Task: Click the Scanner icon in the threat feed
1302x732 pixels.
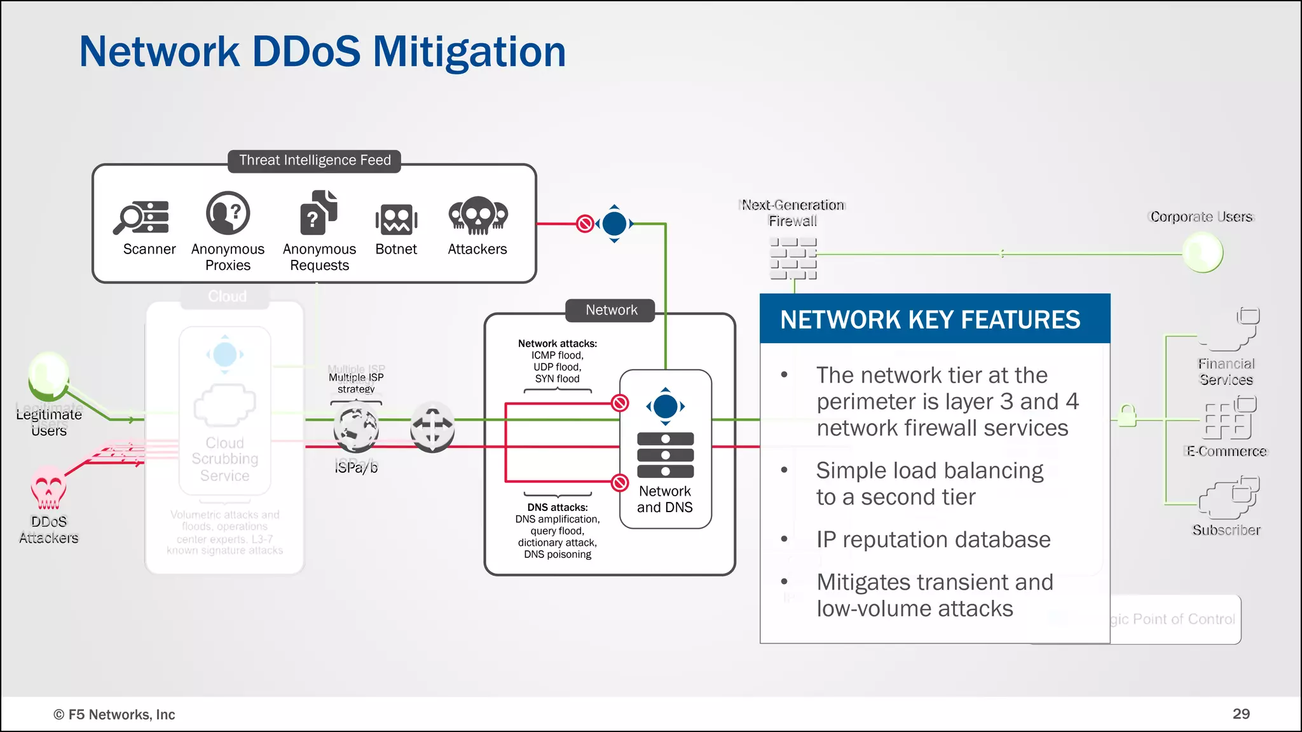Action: (x=142, y=217)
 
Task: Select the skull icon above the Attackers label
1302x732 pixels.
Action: (x=477, y=215)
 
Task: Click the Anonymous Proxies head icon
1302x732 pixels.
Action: (x=228, y=213)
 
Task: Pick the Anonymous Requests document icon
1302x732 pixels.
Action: (x=319, y=213)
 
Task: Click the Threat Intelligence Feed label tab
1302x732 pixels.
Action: (x=315, y=160)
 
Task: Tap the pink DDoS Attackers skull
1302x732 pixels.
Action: (x=48, y=489)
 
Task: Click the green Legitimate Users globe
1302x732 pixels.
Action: (x=48, y=375)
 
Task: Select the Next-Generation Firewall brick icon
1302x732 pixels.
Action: (x=793, y=259)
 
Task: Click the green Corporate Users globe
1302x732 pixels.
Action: (x=1202, y=252)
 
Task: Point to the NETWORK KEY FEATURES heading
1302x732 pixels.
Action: (x=930, y=320)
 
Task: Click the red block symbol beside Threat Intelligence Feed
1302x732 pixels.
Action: (x=585, y=224)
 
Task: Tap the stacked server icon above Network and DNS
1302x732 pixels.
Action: (x=665, y=455)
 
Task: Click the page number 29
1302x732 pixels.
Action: (x=1240, y=714)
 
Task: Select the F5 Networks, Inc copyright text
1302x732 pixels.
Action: (x=114, y=714)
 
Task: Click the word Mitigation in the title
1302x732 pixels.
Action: (x=469, y=51)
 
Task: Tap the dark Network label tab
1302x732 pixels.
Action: (x=611, y=310)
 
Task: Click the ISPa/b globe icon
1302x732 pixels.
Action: (x=356, y=429)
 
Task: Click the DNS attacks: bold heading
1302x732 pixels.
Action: (x=558, y=507)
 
